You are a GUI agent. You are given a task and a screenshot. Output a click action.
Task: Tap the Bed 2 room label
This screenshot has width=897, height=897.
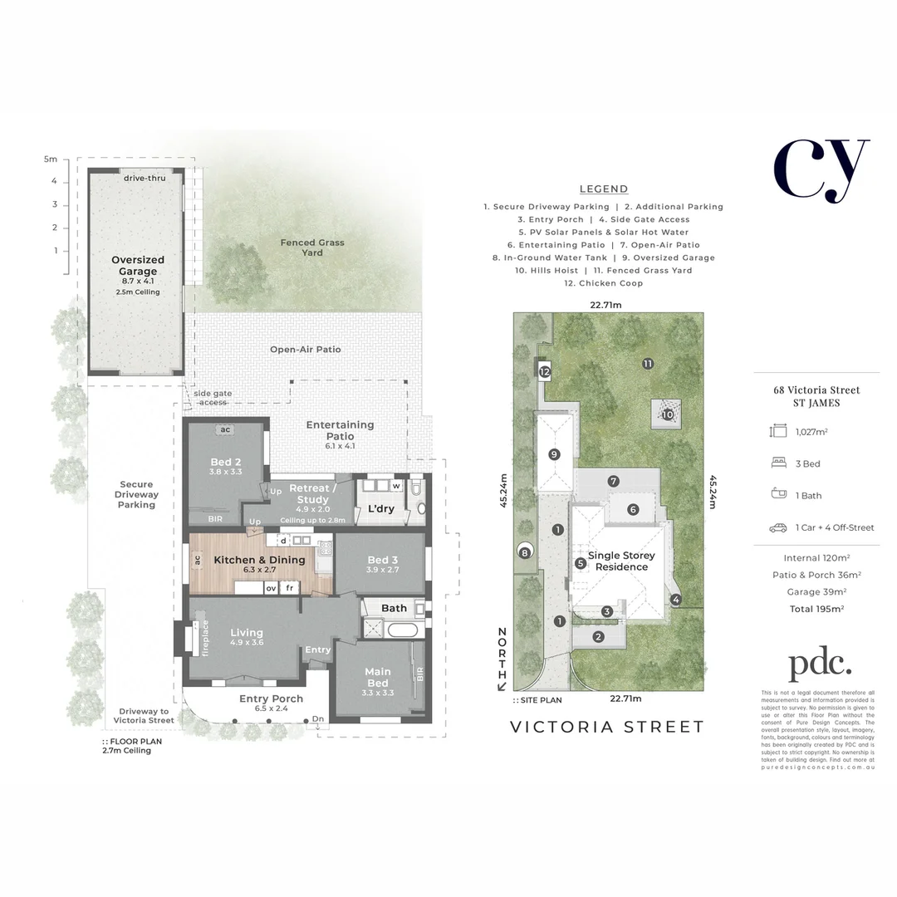220,467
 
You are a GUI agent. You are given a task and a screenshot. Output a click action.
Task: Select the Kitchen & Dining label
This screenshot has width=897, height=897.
259,560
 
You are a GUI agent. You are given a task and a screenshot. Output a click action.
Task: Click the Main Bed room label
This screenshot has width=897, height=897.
376,677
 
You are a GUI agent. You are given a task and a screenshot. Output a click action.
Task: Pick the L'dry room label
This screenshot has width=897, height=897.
380,509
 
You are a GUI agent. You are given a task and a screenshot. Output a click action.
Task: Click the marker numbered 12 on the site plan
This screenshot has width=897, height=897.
545,372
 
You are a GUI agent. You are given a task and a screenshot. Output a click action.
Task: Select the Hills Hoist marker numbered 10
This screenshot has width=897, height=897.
668,413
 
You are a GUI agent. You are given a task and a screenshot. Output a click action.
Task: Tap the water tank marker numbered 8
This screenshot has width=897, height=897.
524,552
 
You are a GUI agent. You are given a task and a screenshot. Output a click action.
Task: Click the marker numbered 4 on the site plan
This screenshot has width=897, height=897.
675,599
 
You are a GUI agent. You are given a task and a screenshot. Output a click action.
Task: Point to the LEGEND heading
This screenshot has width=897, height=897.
604,189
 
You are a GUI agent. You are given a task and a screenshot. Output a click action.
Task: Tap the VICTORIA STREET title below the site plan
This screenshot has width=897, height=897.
606,727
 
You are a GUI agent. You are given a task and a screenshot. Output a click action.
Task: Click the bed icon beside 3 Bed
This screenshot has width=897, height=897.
778,463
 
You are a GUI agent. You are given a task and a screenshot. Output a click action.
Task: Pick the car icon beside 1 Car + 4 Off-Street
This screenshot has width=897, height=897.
778,527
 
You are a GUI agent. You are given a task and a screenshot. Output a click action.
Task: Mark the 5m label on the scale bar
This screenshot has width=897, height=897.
51,158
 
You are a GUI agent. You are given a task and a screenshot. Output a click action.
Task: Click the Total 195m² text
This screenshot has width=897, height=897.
816,609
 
